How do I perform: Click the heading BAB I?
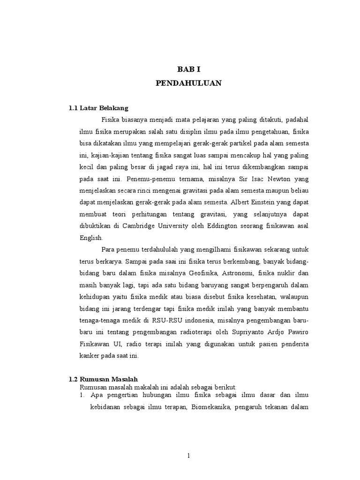188,69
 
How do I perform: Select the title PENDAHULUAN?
188,83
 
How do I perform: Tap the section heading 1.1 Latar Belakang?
98,108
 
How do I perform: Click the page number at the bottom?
188,456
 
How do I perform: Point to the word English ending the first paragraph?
90,238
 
